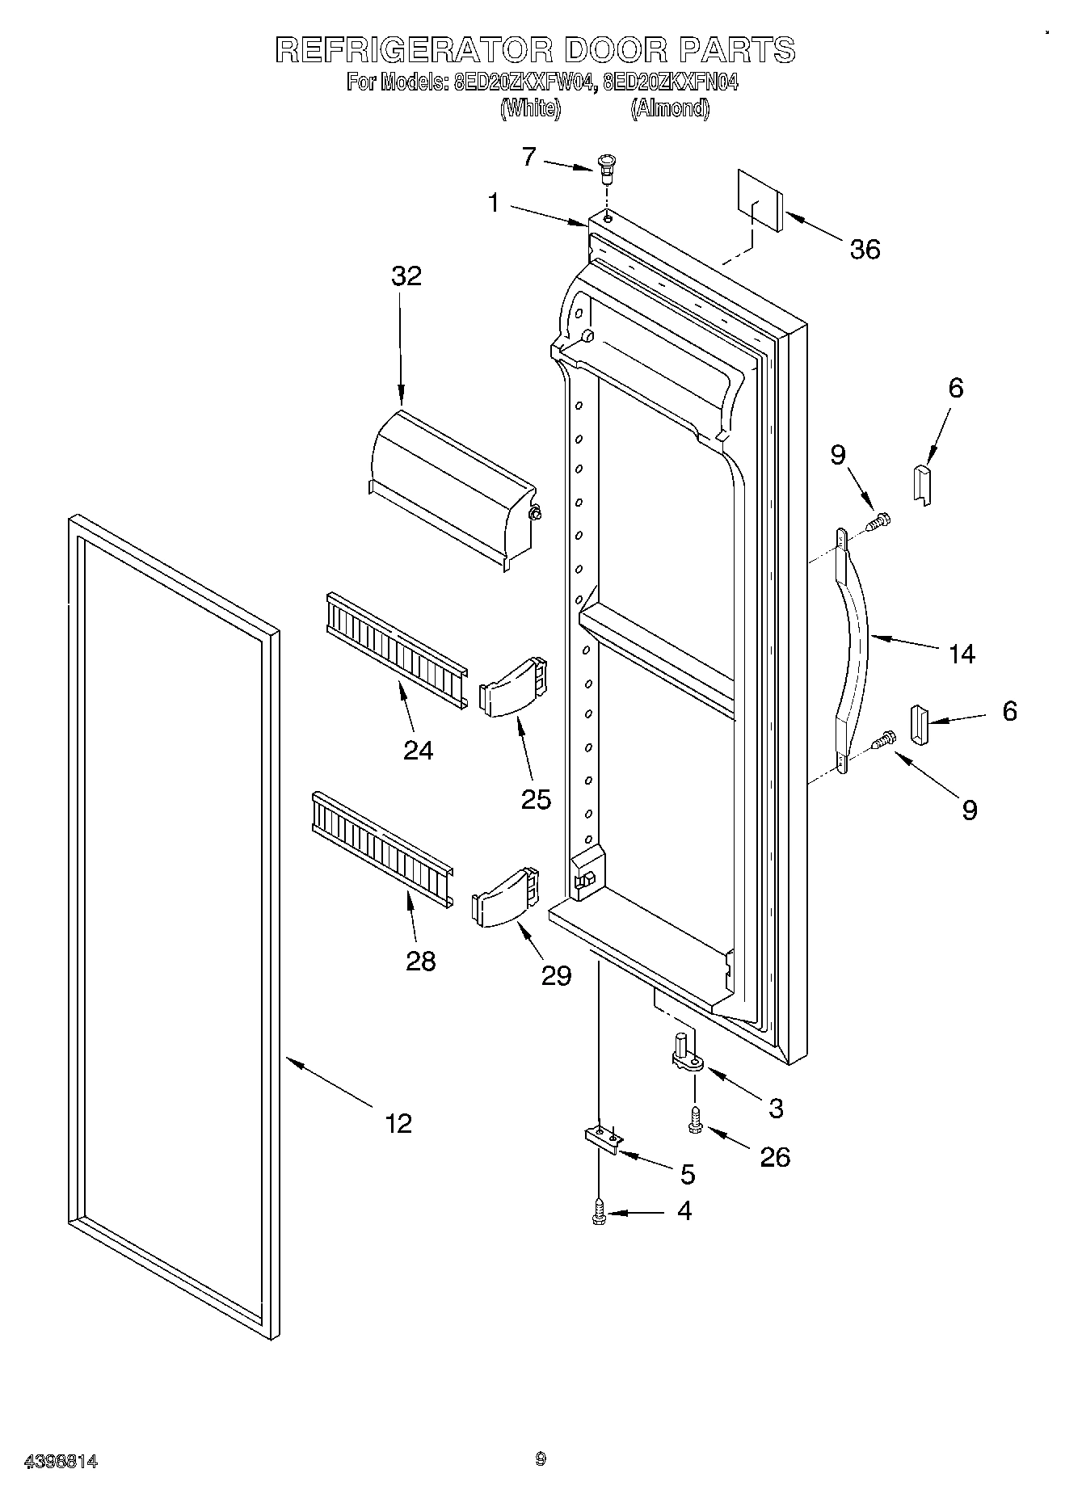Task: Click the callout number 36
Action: (x=864, y=249)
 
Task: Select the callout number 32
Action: (x=406, y=276)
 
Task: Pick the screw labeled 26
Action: (x=694, y=1121)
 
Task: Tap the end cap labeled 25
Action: (x=515, y=687)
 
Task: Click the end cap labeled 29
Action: (x=506, y=898)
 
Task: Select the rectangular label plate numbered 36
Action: (x=760, y=200)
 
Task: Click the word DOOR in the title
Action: (x=617, y=50)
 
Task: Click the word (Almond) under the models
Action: (x=670, y=108)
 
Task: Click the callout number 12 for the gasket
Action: (x=398, y=1122)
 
